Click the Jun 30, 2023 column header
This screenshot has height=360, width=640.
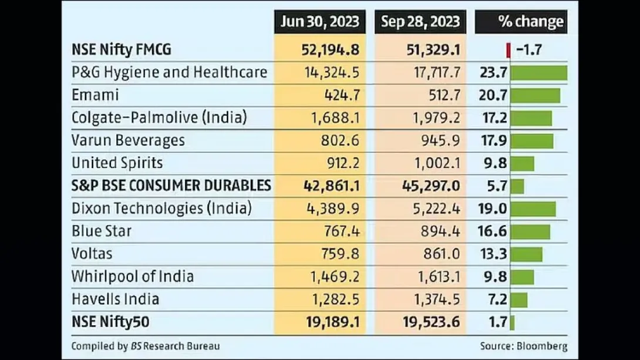319,22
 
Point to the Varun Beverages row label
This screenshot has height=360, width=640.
128,140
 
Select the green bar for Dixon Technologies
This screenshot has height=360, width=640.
533,208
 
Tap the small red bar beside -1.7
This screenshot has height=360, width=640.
508,50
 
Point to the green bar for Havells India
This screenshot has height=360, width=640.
519,300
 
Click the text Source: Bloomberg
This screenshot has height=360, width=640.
524,346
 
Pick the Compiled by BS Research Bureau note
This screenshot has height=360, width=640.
146,346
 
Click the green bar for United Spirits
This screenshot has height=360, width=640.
523,163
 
